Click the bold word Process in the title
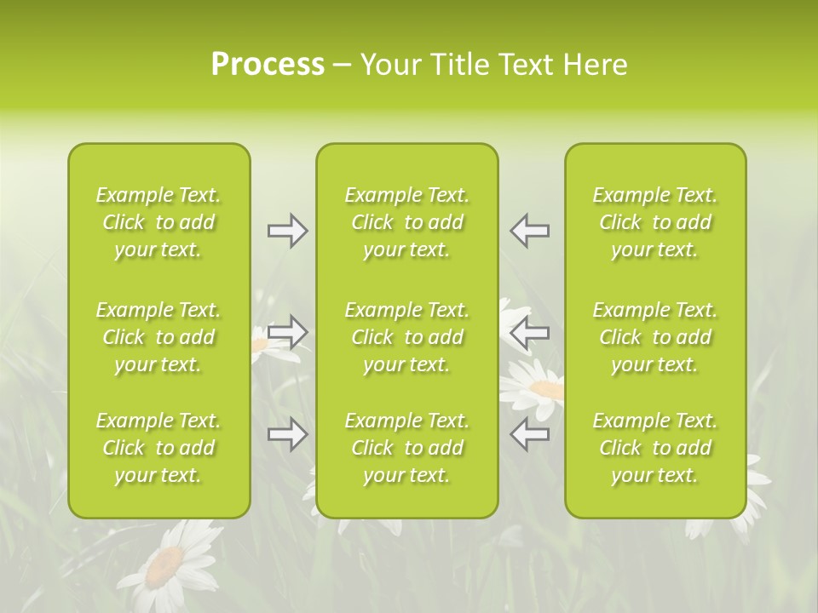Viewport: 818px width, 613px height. (268, 65)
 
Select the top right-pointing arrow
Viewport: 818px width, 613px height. (287, 231)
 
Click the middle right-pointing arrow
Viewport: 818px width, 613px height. (287, 332)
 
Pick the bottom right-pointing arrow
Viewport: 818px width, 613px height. (287, 434)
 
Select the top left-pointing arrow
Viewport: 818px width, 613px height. (530, 231)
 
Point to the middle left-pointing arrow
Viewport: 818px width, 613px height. (530, 332)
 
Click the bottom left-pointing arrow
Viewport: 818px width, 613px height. (530, 434)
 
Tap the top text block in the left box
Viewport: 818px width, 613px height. (158, 222)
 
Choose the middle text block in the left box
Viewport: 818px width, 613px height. (158, 337)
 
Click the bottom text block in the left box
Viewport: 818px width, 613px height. (158, 448)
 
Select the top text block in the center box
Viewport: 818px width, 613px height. (406, 222)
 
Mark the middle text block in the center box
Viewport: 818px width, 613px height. (406, 337)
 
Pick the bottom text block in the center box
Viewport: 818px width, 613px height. (406, 448)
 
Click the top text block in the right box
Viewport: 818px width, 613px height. (654, 222)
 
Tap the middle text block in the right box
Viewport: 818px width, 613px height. (654, 337)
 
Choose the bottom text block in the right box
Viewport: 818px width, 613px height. (654, 448)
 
